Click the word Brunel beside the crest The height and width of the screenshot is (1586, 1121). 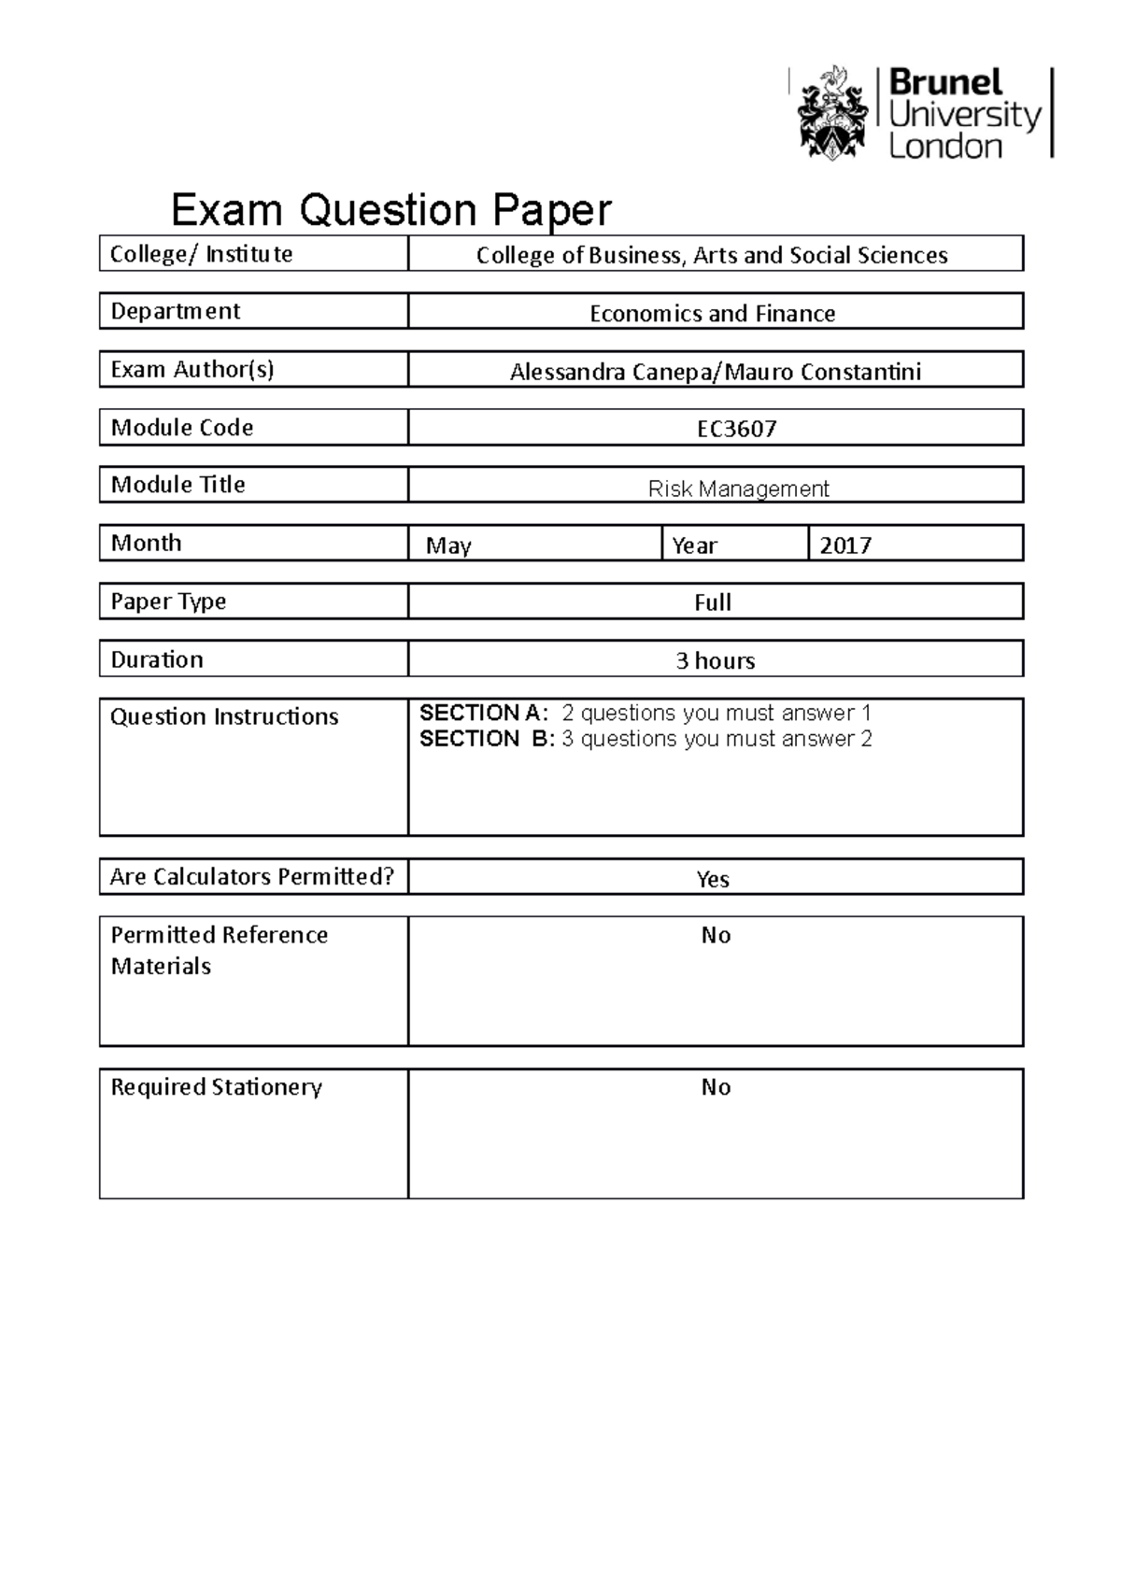[944, 83]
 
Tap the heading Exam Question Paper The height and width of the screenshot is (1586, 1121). [390, 210]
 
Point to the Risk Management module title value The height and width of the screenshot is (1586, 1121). [738, 489]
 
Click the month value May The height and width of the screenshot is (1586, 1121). [448, 545]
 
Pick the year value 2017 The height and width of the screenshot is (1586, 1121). [845, 545]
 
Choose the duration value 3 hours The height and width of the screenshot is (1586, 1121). [715, 661]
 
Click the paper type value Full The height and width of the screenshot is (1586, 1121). [713, 603]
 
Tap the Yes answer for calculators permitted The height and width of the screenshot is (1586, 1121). [713, 879]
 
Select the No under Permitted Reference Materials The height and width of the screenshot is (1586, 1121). [716, 936]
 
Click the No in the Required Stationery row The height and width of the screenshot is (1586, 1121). [716, 1087]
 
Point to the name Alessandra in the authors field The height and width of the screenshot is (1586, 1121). [566, 373]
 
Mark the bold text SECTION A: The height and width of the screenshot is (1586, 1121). [484, 714]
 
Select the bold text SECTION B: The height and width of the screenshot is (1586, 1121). [487, 740]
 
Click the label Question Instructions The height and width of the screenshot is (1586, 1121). [224, 717]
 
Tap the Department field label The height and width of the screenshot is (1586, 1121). [176, 312]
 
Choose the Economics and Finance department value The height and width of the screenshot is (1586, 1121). [712, 314]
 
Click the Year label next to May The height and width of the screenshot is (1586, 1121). [694, 545]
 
